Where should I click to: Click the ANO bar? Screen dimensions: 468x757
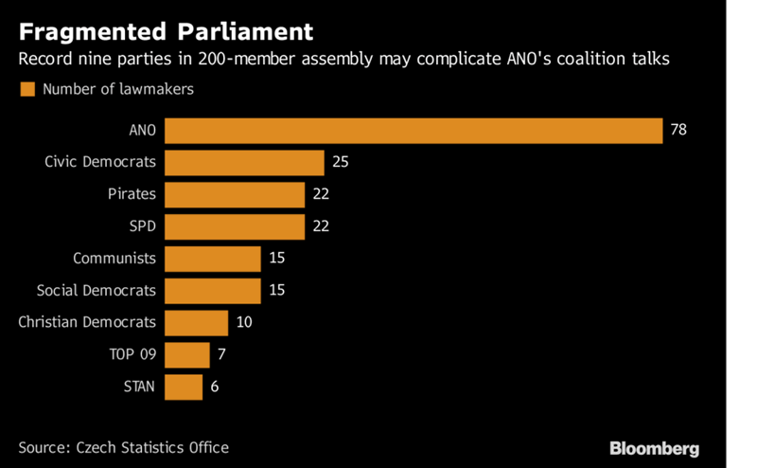pos(414,130)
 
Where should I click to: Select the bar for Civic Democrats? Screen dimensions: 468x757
pos(244,162)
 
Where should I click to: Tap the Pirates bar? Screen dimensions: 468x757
pos(235,194)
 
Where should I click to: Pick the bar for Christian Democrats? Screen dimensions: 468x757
pos(196,322)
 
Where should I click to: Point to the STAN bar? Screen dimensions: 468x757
pos(184,387)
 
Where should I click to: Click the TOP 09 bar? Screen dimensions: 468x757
pos(186,354)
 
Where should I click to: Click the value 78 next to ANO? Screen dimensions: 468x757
pos(678,130)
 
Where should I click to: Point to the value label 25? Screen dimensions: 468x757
pos(341,162)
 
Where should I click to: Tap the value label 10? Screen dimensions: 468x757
pos(244,322)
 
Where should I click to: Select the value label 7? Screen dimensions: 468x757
pos(220,354)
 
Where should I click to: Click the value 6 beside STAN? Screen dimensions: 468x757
pos(214,387)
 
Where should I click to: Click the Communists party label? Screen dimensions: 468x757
pos(114,258)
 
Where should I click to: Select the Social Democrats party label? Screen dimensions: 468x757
pos(97,290)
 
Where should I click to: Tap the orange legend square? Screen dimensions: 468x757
pos(26,89)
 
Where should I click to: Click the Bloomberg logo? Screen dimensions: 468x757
pos(654,447)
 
